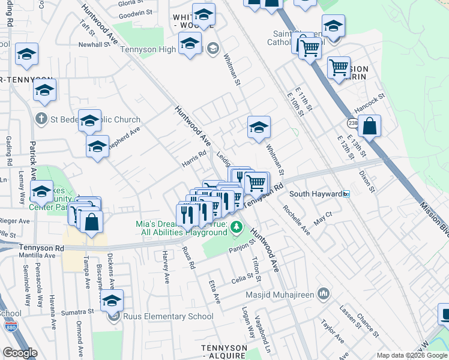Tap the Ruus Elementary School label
[x=167, y=316]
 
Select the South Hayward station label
[x=315, y=194]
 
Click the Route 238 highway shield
[x=352, y=123]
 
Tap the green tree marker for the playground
[x=237, y=227]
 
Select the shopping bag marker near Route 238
[x=370, y=127]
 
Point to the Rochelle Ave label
[x=297, y=221]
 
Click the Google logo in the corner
[x=20, y=353]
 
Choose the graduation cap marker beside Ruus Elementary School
[x=112, y=301]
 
